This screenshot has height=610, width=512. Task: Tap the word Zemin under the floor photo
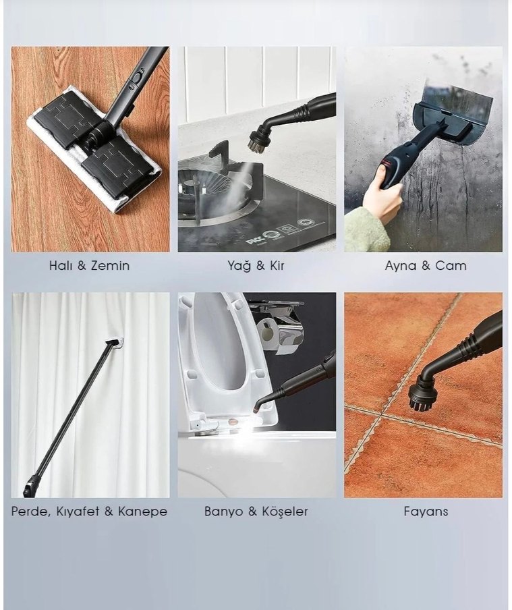click(110, 266)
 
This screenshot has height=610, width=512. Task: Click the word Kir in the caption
click(277, 266)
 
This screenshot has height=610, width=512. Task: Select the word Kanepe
click(142, 512)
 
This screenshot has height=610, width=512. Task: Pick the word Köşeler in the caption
click(285, 511)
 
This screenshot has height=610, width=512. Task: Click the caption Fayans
click(426, 512)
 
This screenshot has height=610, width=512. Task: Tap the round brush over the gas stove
click(259, 140)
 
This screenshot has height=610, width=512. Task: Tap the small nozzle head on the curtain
click(115, 342)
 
